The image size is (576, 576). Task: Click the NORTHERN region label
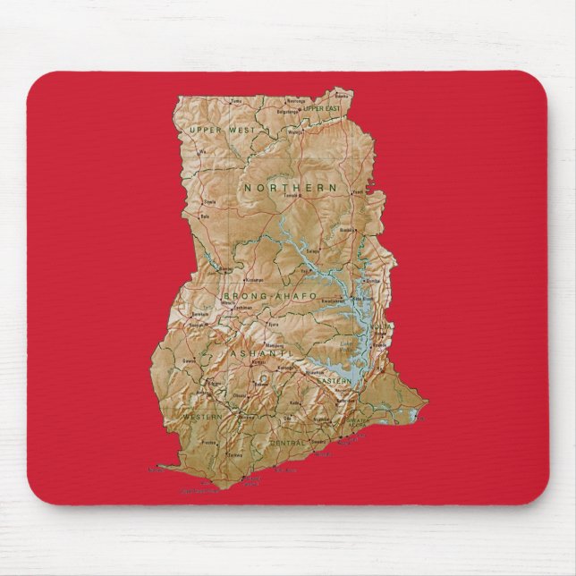coord(290,189)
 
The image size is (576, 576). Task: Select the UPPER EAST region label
coord(321,108)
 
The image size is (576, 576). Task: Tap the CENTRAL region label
coord(288,443)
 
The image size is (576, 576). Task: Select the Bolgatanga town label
coord(286,113)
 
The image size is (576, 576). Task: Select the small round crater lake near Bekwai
coord(265,379)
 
